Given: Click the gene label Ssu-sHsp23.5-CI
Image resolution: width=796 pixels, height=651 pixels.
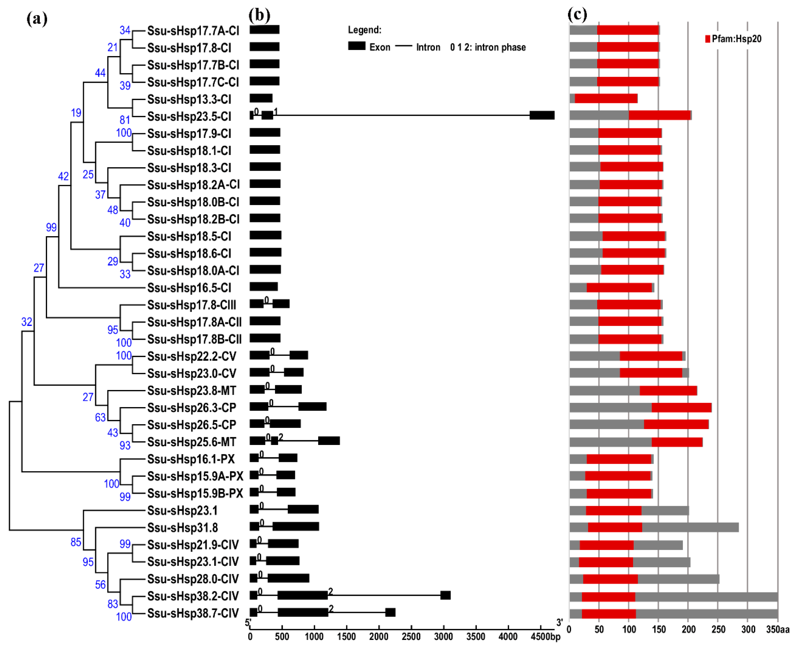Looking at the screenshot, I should pyautogui.click(x=189, y=116).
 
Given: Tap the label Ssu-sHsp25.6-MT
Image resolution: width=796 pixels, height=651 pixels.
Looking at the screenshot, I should pyautogui.click(x=191, y=442).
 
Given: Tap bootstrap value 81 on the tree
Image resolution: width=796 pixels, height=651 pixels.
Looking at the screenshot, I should pyautogui.click(x=125, y=120).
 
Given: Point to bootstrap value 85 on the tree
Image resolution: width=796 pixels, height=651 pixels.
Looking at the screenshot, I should pyautogui.click(x=76, y=542).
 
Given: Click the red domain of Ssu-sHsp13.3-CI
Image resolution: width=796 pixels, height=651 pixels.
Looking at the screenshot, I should pyautogui.click(x=606, y=99).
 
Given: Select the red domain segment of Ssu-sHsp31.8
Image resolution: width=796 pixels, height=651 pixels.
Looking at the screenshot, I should pyautogui.click(x=615, y=527).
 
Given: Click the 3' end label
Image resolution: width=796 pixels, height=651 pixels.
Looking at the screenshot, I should pyautogui.click(x=559, y=622).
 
